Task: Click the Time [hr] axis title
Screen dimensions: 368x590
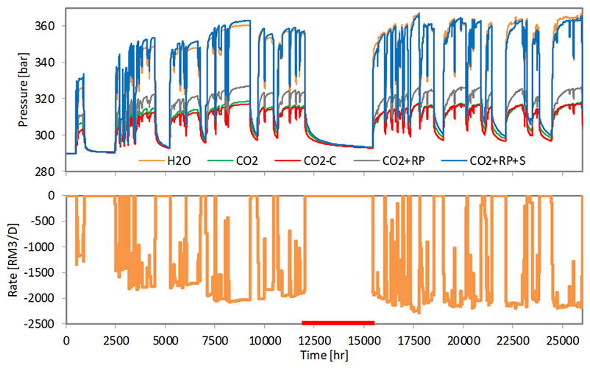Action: click(324, 356)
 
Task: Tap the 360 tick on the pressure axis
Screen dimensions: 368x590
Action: click(46, 26)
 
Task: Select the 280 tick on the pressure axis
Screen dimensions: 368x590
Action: click(46, 171)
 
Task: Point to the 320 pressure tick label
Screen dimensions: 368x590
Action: click(46, 99)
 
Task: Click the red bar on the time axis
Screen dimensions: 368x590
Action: click(338, 322)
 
